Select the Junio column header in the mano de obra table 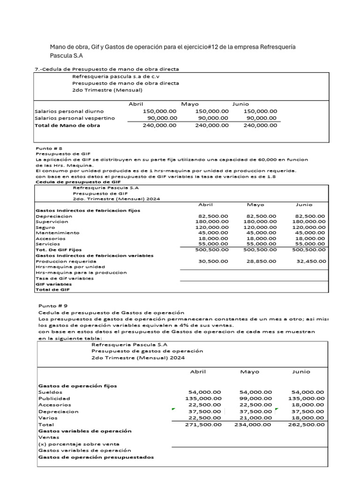point(240,104)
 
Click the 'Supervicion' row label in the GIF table point(52,222)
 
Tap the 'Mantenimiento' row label point(58,233)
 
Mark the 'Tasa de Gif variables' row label point(65,278)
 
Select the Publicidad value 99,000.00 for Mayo point(255,397)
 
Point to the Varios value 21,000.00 point(255,418)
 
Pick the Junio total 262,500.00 point(307,425)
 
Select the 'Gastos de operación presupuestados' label point(96,457)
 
